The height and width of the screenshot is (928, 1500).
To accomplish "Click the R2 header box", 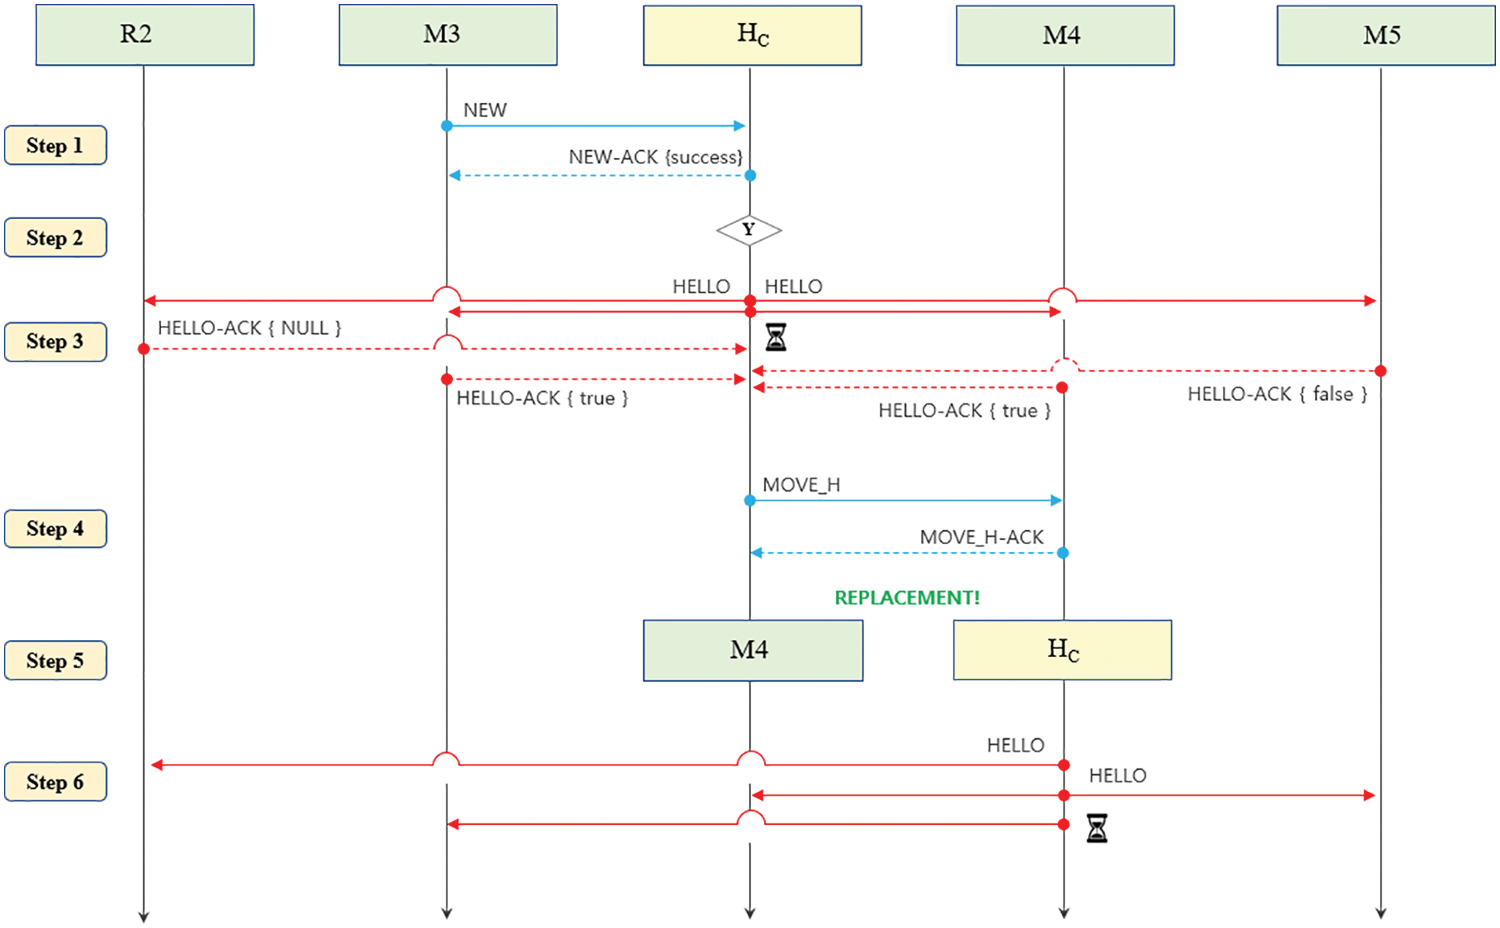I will click(x=145, y=35).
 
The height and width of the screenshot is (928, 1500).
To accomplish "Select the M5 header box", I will click(x=1385, y=35).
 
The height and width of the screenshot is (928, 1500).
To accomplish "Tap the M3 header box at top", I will click(x=447, y=35).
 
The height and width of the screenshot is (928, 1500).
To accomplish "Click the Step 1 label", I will click(x=56, y=146).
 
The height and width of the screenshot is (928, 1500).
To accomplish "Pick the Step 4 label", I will click(x=56, y=529).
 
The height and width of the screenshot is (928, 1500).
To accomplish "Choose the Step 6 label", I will click(x=56, y=782).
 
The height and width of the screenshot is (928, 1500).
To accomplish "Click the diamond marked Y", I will click(x=748, y=230).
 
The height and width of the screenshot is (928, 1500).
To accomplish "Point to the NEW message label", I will click(x=485, y=110).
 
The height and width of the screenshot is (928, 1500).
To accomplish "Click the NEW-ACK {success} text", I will click(x=655, y=157).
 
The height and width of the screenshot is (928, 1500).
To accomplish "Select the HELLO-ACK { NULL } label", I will click(x=249, y=328).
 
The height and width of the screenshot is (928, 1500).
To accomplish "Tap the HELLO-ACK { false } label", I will click(x=1277, y=394).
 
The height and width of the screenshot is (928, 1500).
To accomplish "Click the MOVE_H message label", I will click(x=801, y=485).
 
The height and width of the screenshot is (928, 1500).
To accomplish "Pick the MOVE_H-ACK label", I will click(x=981, y=537).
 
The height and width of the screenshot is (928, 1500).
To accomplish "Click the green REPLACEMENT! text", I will click(x=906, y=598).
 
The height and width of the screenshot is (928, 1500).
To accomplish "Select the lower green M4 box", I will click(x=752, y=650).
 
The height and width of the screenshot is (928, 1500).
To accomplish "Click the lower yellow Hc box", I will click(x=1062, y=650).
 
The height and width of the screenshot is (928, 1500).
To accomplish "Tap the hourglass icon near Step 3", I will click(x=776, y=337).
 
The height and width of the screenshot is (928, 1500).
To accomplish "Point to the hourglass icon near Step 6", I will click(x=1096, y=828).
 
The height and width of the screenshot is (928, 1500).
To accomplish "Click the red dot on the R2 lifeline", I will click(x=143, y=349).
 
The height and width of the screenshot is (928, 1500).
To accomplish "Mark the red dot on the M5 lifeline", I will click(x=1380, y=372).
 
